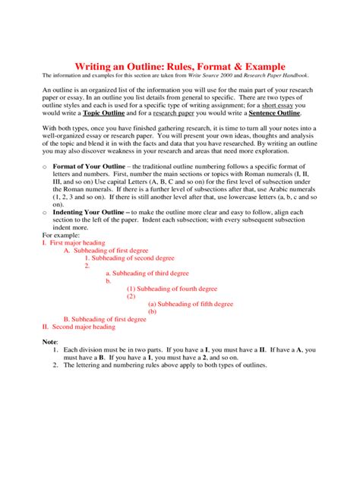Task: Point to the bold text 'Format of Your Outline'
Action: (89, 166)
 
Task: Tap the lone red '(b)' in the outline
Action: (152, 311)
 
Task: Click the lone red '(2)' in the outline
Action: (131, 296)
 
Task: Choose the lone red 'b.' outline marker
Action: (109, 281)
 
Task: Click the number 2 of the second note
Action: (56, 365)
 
